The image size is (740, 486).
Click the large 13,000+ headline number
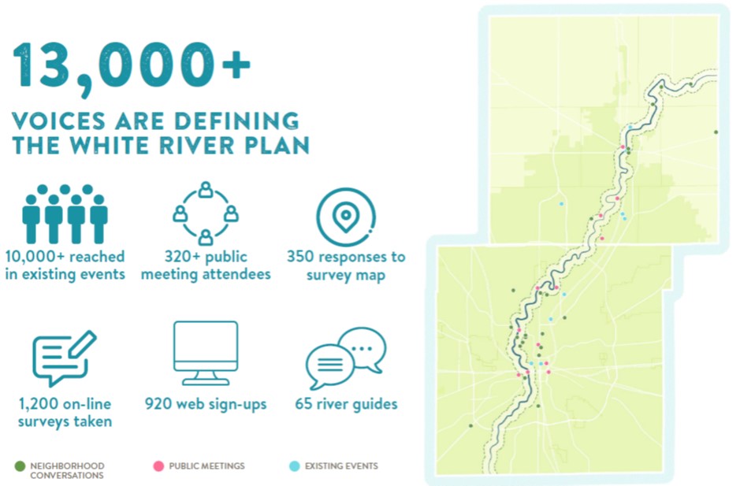(131, 66)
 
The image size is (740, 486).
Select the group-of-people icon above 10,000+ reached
(65, 213)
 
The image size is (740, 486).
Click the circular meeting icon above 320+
(206, 213)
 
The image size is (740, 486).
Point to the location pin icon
(346, 217)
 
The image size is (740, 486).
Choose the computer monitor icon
(206, 353)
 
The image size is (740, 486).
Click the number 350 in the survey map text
(300, 257)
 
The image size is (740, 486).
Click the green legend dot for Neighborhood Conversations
(20, 466)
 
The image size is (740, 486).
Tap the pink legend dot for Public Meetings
(158, 466)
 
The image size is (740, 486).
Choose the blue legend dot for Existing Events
(295, 466)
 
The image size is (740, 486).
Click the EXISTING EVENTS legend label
(341, 466)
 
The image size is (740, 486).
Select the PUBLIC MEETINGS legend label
(206, 466)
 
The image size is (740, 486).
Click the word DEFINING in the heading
(244, 121)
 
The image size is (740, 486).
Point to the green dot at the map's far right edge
(716, 132)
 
